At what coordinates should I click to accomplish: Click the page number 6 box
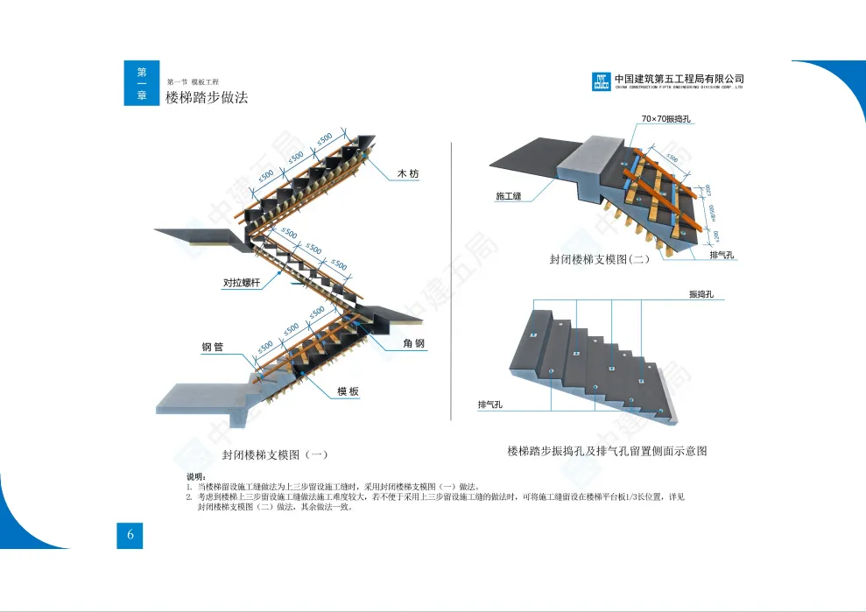[x=130, y=536]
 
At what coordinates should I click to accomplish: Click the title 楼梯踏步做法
[x=207, y=98]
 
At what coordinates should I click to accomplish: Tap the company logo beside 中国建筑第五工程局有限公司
[x=601, y=81]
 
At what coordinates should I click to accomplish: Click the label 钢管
[x=213, y=348]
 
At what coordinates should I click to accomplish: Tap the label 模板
[x=349, y=391]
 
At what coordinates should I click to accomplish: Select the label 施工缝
[x=509, y=196]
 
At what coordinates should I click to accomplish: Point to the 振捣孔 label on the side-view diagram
[x=701, y=295]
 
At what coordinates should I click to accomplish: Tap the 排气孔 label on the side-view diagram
[x=489, y=404]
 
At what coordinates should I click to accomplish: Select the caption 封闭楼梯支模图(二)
[x=600, y=260]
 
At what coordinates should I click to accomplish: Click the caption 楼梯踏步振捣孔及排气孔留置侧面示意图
[x=607, y=451]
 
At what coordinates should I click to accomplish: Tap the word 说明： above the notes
[x=197, y=475]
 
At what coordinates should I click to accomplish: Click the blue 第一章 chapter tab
[x=141, y=83]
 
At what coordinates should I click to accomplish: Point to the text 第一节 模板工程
[x=193, y=81]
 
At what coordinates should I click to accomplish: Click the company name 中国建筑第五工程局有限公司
[x=679, y=78]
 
